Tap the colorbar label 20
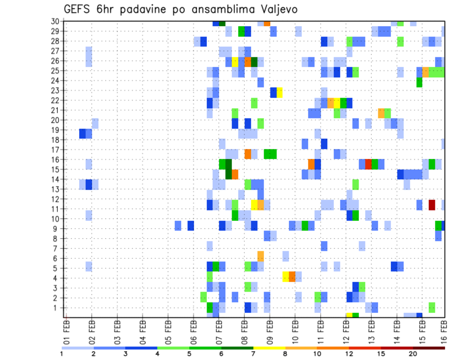(413, 354)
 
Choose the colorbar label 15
(381, 354)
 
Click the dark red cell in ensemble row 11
(432, 205)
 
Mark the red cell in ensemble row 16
(368, 164)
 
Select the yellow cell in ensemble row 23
(280, 92)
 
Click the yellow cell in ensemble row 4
(286, 277)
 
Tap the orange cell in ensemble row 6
(261, 256)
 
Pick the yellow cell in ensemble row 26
(235, 62)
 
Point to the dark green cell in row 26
(254, 62)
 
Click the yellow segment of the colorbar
(269, 347)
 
